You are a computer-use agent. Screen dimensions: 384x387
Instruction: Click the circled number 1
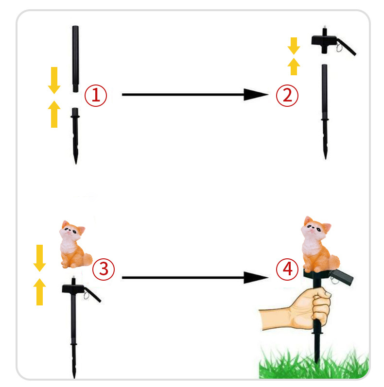(96, 96)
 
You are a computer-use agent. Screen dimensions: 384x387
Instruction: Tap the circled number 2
(287, 96)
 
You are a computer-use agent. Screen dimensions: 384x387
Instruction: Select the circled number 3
(104, 269)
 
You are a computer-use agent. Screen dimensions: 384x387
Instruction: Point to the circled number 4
(287, 269)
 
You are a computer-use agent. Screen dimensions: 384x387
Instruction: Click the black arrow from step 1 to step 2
(195, 95)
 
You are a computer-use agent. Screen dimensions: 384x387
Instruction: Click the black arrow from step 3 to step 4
(195, 278)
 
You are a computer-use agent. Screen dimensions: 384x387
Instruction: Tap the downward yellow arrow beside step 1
(54, 80)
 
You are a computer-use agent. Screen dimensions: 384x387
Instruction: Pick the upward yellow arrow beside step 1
(54, 114)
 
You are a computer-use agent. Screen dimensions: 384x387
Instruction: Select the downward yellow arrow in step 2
(294, 46)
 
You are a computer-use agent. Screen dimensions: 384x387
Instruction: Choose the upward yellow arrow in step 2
(294, 67)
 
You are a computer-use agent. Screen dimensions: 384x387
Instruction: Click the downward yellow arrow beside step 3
(39, 258)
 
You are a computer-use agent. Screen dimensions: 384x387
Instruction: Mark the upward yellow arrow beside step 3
(39, 292)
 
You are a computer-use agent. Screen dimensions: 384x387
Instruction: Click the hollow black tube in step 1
(75, 59)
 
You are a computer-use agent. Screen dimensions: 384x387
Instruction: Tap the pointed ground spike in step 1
(75, 136)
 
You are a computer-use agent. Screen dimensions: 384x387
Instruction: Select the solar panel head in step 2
(332, 42)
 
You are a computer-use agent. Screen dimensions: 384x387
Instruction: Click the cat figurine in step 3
(75, 244)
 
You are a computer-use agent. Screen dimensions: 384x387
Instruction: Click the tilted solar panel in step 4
(342, 277)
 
